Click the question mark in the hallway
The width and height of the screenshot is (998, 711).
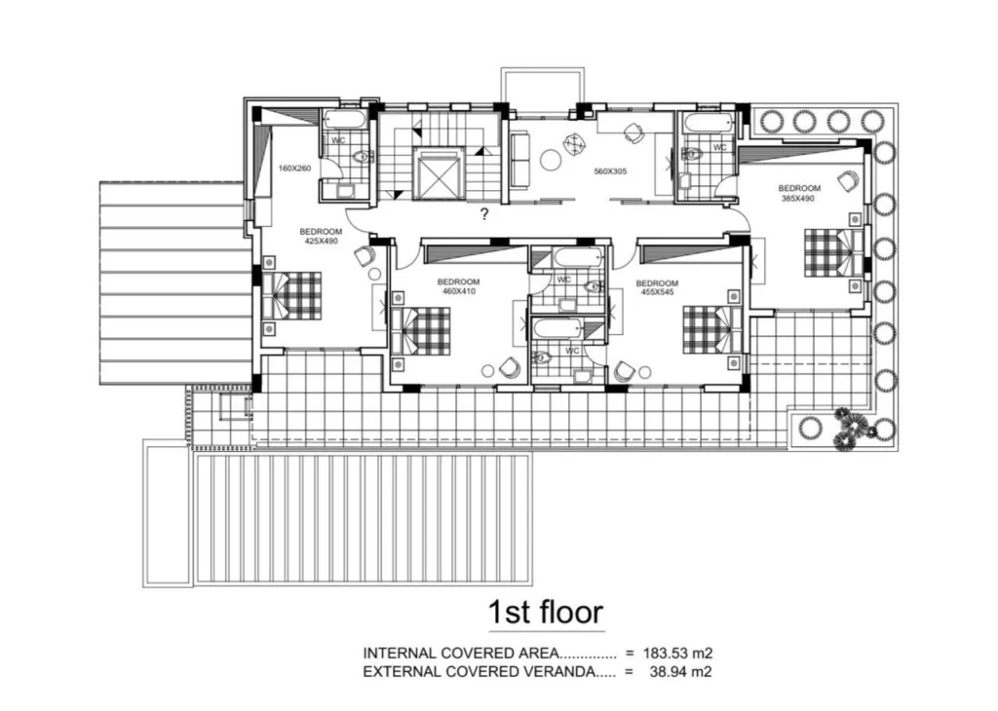click(484, 214)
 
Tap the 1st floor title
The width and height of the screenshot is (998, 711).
click(546, 612)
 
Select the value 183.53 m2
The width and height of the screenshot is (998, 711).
click(677, 653)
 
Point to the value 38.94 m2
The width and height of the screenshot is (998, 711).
click(680, 671)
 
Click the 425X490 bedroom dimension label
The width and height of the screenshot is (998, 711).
click(321, 241)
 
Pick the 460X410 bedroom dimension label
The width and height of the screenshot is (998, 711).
click(459, 291)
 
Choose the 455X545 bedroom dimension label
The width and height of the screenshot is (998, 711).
click(657, 292)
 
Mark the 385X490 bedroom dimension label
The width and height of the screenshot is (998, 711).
click(799, 198)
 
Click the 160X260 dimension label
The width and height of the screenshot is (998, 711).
click(294, 168)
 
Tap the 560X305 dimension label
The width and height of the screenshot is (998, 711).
click(610, 171)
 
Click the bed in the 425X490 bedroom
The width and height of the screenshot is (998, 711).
click(292, 295)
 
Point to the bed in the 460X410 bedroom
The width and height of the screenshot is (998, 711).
click(421, 331)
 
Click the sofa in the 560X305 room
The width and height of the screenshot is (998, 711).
click(520, 160)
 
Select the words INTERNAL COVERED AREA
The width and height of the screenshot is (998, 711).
click(461, 653)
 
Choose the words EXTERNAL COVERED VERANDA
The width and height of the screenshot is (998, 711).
click(479, 671)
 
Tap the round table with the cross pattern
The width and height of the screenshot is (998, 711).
click(575, 142)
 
